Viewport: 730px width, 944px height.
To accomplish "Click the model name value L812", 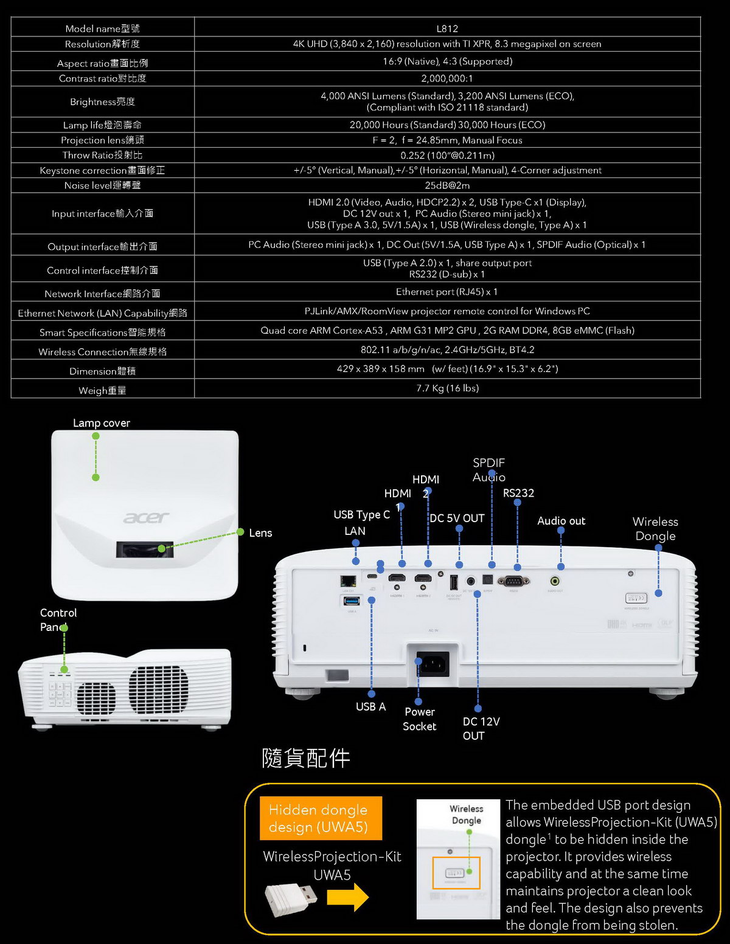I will click(x=447, y=29).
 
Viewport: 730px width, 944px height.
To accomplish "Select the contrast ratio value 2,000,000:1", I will click(x=447, y=78).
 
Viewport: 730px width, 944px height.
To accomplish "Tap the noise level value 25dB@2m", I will click(x=447, y=185).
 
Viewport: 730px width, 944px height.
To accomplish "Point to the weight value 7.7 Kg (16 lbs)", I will click(x=447, y=388).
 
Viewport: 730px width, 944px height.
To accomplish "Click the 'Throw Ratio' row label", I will click(x=102, y=155).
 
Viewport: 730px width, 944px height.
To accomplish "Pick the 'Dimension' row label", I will click(x=102, y=371).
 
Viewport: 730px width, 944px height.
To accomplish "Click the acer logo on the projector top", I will click(x=146, y=517).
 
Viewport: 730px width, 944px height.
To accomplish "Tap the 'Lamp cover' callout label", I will click(x=101, y=423).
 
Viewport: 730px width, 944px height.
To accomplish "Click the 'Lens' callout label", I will click(x=260, y=533).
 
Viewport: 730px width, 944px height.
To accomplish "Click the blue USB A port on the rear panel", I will click(x=352, y=601).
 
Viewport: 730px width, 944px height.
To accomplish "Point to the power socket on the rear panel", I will click(x=433, y=663).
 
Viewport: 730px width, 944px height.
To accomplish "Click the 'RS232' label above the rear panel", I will click(x=518, y=493).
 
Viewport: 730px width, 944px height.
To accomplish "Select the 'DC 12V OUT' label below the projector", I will click(x=481, y=728).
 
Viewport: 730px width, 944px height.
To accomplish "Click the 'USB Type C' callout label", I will click(x=361, y=515).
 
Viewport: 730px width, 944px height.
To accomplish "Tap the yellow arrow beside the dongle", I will click(x=347, y=897).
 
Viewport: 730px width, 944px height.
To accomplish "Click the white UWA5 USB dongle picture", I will click(x=291, y=899).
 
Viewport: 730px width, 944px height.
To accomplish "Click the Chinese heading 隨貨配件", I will click(x=306, y=758).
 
